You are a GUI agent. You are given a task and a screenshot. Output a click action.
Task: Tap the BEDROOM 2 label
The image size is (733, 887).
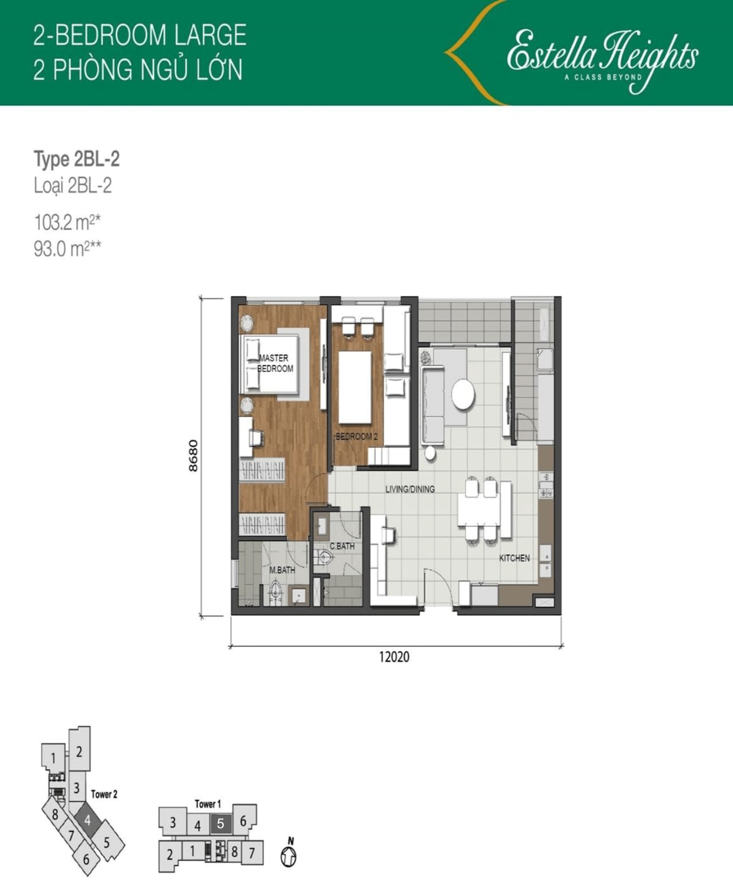tap(357, 436)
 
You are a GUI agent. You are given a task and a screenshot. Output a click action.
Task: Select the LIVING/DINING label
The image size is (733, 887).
tap(410, 489)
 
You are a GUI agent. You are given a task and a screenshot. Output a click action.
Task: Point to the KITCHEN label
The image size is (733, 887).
tap(514, 558)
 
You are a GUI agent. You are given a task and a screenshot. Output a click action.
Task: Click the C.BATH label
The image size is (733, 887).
tap(342, 546)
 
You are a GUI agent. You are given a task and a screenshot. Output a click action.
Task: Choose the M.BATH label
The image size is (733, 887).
tap(282, 570)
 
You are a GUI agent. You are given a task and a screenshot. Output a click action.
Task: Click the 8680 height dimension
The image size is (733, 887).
tap(193, 455)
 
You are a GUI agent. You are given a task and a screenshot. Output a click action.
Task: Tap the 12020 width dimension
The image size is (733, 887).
tap(395, 657)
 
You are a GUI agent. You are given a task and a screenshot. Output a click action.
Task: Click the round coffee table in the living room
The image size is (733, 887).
tap(463, 394)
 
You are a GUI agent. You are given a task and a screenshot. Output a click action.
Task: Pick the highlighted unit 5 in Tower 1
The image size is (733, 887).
tap(220, 823)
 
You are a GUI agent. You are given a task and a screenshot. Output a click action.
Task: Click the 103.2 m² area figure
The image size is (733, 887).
tap(67, 223)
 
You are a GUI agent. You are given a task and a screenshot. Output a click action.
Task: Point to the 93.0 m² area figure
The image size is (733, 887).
tap(67, 249)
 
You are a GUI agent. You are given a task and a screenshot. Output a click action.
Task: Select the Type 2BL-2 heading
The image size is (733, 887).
tap(77, 159)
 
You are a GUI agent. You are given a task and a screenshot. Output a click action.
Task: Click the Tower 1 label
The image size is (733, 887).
tap(208, 804)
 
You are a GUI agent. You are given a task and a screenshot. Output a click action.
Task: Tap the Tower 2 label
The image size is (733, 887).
tap(104, 794)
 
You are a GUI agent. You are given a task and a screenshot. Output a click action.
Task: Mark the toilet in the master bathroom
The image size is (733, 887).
tap(276, 592)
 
